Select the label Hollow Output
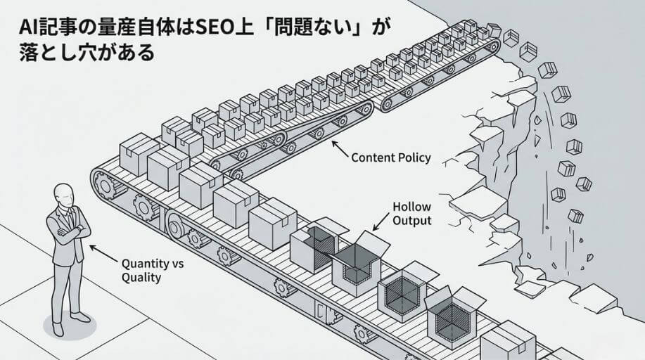click(x=412, y=214)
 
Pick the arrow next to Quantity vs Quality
click(x=103, y=252)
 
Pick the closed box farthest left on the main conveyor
click(x=136, y=153)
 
